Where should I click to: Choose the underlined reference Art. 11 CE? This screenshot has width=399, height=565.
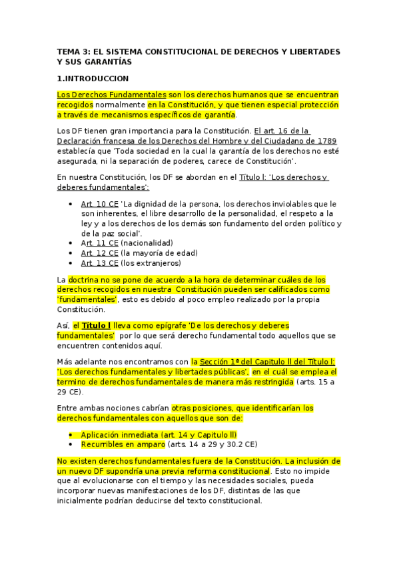coord(100,243)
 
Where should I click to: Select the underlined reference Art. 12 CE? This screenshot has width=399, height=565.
coord(100,253)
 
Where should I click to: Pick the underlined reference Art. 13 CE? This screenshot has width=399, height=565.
coord(100,263)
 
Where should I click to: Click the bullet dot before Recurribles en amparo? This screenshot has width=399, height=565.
coord(71,444)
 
